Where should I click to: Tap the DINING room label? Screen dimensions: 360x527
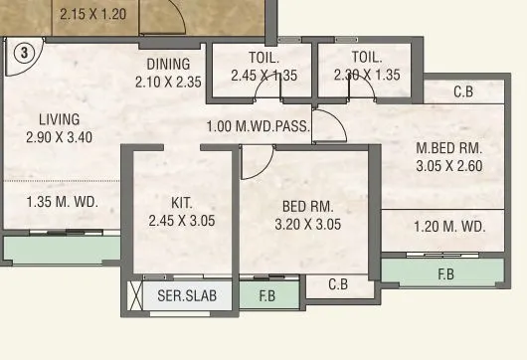(167, 65)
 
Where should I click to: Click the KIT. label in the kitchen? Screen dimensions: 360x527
(181, 203)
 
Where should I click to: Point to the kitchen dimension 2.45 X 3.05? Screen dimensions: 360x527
(181, 221)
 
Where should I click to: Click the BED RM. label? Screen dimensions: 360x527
(307, 206)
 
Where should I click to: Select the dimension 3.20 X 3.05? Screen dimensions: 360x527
(307, 224)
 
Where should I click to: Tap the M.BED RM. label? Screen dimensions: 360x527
(448, 148)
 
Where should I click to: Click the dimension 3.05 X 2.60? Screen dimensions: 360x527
(448, 166)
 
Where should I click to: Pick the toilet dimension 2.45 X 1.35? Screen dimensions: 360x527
(263, 75)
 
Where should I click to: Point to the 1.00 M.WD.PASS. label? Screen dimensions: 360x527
(259, 127)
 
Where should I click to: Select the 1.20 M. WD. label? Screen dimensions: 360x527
(449, 227)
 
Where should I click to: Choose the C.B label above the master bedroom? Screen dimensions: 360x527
(463, 92)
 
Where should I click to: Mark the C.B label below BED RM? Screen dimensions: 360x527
(339, 284)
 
